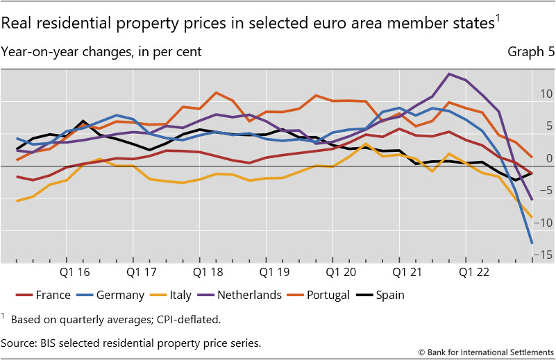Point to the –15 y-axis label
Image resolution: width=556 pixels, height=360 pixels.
(x=545, y=255)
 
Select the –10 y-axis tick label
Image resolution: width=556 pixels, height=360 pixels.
(x=545, y=222)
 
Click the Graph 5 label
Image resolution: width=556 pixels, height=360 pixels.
(x=531, y=52)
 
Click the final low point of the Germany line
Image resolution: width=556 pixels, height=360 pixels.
(x=532, y=243)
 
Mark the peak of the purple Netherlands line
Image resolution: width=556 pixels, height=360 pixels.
(x=450, y=74)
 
